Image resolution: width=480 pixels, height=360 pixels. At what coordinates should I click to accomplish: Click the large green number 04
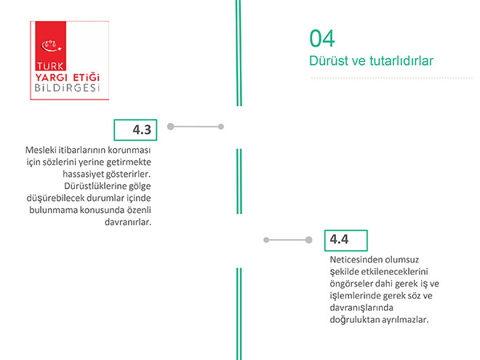(x=322, y=39)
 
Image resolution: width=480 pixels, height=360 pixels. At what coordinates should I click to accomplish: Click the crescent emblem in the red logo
(x=51, y=46)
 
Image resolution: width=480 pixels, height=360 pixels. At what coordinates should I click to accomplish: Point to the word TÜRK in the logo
(x=50, y=66)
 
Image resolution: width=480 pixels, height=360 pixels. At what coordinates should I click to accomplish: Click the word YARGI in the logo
(x=51, y=77)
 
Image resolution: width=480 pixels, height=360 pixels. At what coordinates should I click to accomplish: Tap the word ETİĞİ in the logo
(x=87, y=76)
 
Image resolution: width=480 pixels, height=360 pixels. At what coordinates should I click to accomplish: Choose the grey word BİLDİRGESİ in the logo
(x=68, y=88)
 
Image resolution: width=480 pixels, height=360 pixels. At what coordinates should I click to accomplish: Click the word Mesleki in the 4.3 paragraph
(x=41, y=150)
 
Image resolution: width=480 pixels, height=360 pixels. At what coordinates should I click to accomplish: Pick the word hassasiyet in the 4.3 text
(x=83, y=175)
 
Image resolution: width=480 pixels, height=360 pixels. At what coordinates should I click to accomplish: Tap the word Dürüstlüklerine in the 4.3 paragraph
(x=92, y=185)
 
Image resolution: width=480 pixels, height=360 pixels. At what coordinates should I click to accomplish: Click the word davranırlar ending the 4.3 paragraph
(x=128, y=222)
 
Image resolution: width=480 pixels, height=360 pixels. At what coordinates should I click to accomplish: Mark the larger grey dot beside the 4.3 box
(x=170, y=127)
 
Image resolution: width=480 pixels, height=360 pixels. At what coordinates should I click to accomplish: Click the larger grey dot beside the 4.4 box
(x=309, y=240)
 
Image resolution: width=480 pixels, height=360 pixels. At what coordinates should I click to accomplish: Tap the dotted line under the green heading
(x=391, y=78)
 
